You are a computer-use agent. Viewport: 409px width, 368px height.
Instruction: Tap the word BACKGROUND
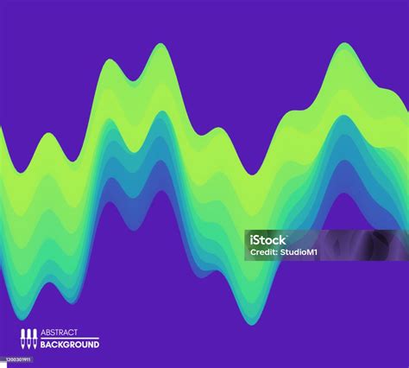tap(70, 345)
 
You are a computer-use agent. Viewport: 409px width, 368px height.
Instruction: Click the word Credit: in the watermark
tap(263, 252)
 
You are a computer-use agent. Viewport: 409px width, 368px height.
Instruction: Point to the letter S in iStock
tap(258, 239)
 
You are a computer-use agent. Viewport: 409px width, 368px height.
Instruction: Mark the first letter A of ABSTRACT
tap(44, 333)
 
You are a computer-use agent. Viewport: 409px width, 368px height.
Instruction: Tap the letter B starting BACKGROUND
tap(44, 345)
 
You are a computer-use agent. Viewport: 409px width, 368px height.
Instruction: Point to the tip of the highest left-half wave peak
tap(160, 44)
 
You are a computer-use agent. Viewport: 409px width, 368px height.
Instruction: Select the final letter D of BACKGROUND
tap(96, 345)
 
